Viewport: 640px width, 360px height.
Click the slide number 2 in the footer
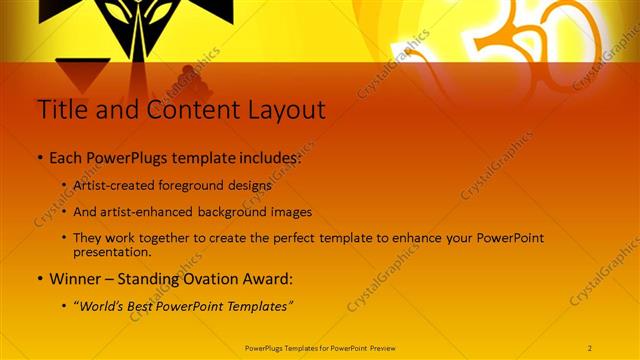[x=590, y=347]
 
